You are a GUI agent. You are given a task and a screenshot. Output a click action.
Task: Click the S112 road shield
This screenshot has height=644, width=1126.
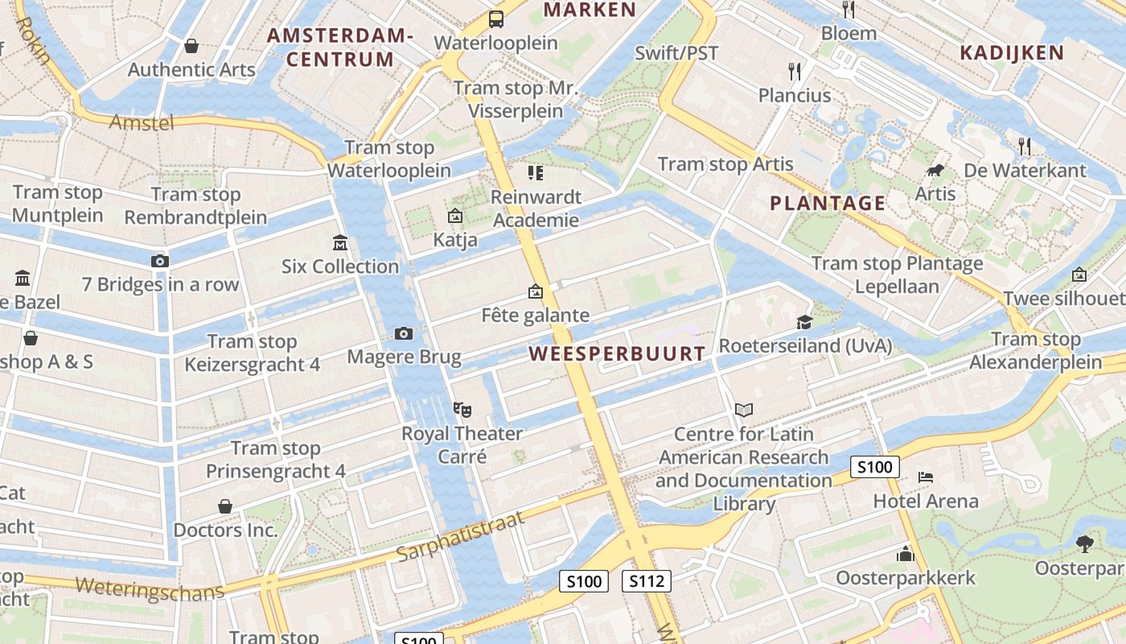646,581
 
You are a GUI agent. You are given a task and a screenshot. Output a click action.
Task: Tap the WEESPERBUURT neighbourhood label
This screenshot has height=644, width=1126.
617,353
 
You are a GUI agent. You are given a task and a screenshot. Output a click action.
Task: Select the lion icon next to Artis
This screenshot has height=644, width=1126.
935,171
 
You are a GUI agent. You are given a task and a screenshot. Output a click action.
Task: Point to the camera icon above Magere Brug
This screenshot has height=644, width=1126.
404,333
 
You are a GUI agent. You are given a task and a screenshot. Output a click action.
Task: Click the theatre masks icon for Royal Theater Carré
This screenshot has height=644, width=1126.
462,410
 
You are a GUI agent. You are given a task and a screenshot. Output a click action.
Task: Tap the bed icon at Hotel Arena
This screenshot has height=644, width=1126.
926,477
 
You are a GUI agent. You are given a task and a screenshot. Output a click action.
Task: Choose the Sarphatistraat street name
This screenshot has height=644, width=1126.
460,537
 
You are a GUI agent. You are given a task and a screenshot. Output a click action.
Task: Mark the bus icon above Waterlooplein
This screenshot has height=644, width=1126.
496,19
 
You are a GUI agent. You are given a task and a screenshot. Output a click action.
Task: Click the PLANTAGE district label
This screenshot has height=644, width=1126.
828,203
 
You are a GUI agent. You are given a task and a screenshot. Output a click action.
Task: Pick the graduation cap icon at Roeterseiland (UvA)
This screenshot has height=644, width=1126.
804,323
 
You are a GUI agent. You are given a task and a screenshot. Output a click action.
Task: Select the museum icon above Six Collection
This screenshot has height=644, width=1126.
340,242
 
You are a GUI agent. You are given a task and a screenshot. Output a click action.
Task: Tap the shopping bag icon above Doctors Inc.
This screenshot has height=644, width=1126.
225,506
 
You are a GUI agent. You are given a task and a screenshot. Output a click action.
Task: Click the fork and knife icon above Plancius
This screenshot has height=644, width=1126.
795,72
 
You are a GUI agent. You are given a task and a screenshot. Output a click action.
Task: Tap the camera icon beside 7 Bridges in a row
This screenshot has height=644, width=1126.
159,261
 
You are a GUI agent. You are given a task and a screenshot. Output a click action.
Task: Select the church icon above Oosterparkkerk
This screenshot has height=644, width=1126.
906,554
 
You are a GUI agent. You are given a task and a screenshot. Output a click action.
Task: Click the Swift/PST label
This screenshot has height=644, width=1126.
676,53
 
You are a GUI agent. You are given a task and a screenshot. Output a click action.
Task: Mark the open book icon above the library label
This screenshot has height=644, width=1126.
744,411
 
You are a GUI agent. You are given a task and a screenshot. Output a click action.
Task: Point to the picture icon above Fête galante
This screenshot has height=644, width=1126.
535,291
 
